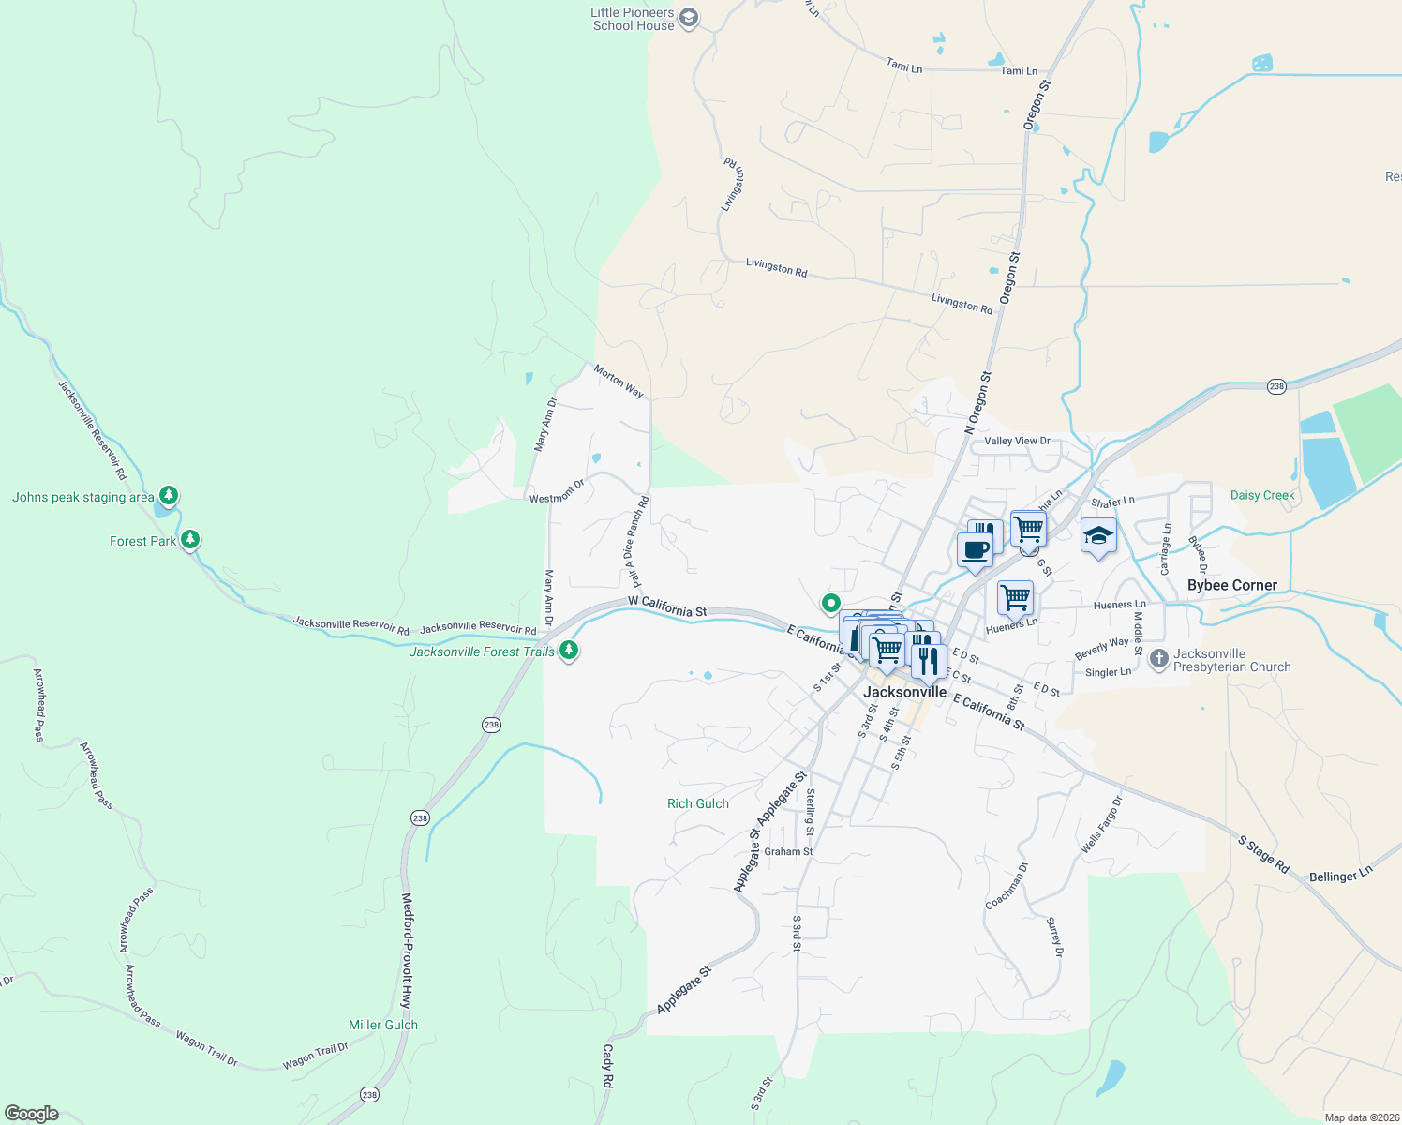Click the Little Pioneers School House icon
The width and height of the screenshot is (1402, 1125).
[689, 19]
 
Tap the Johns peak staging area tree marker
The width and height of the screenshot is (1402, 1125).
[169, 495]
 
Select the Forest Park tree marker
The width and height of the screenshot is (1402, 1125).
[190, 540]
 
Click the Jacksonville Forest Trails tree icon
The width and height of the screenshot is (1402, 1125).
[568, 650]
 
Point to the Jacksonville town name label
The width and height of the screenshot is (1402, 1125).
[904, 692]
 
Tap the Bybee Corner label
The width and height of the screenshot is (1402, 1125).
[1231, 585]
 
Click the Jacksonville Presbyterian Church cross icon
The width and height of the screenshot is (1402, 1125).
[1158, 659]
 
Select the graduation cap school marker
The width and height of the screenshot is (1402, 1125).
[1098, 536]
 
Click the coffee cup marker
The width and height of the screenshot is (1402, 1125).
[975, 550]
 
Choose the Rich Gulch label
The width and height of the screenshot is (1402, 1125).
[697, 803]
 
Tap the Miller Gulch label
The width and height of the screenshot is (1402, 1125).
[383, 1025]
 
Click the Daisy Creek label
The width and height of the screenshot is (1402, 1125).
[1261, 495]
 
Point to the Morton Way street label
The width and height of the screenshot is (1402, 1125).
[619, 381]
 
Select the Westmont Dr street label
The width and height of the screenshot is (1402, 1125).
[557, 492]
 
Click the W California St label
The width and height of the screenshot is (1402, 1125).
[667, 607]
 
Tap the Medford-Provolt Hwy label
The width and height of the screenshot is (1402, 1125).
[407, 951]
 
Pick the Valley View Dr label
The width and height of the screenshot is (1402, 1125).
[1017, 441]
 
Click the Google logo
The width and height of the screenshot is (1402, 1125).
[32, 1114]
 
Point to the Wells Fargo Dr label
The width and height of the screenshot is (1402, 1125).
[1101, 825]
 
